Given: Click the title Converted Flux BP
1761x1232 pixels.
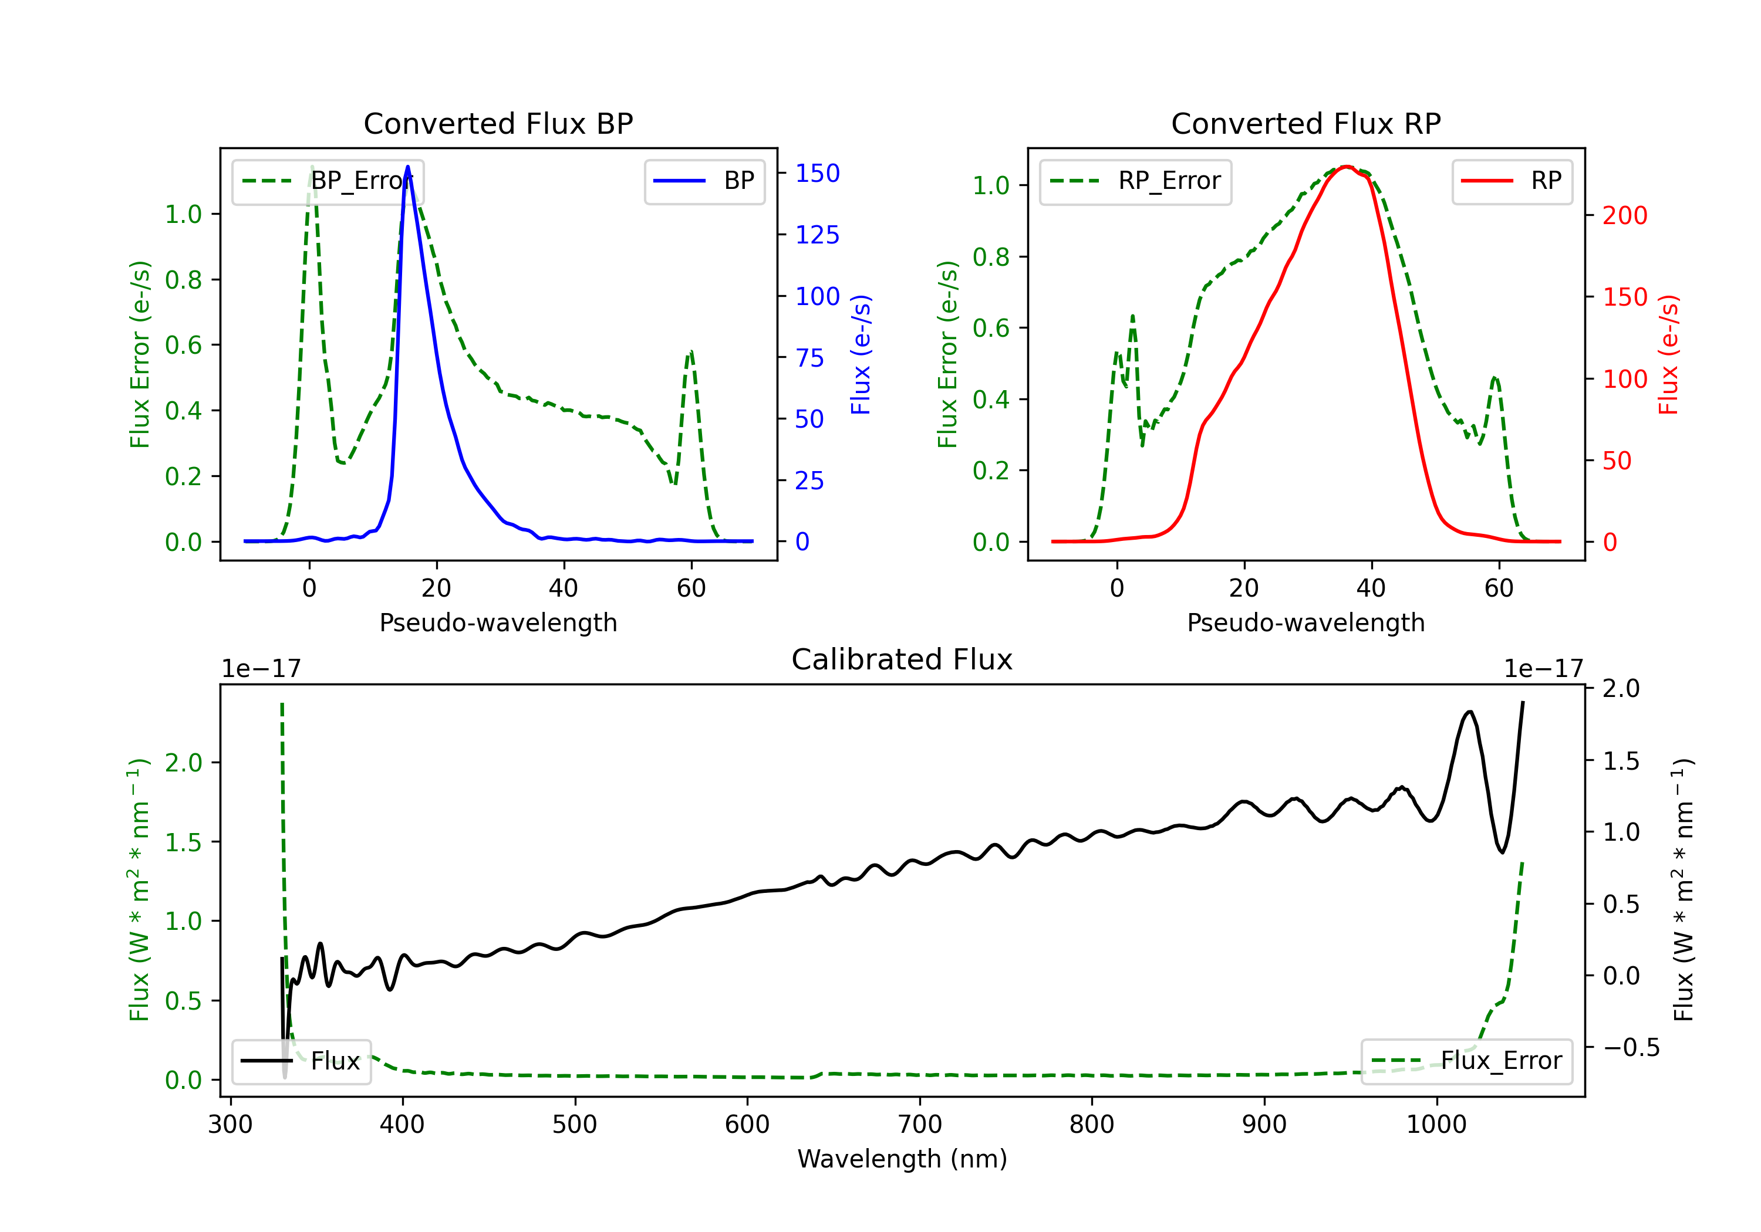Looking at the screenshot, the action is [x=498, y=123].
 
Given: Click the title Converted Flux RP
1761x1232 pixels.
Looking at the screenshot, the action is [x=1305, y=123].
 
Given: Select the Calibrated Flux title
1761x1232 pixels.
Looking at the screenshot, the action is [x=902, y=659].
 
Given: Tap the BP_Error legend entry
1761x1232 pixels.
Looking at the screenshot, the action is [x=328, y=181].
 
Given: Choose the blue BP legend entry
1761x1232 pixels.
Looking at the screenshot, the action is [x=704, y=181].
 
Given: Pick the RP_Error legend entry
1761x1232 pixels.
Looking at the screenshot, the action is [x=1135, y=181].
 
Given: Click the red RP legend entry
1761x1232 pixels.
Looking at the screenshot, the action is [x=1512, y=181].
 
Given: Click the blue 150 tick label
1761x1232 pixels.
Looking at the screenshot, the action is [x=817, y=173].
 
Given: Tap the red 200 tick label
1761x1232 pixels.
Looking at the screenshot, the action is [x=1624, y=215].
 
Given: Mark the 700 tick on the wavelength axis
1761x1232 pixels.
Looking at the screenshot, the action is [x=920, y=1125].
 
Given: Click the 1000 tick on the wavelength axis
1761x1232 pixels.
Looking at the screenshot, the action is [x=1436, y=1125].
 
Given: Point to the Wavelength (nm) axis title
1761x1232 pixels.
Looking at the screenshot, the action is [x=902, y=1159].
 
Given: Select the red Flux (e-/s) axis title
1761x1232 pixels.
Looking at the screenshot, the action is [x=1669, y=354].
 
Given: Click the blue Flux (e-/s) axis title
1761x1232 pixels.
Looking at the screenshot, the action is [x=861, y=354].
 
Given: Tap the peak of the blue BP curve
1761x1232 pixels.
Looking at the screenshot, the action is [x=407, y=167].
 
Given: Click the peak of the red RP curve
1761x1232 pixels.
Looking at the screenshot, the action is [x=1346, y=167].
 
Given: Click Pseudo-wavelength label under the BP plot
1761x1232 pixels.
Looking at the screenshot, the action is [x=498, y=622].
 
